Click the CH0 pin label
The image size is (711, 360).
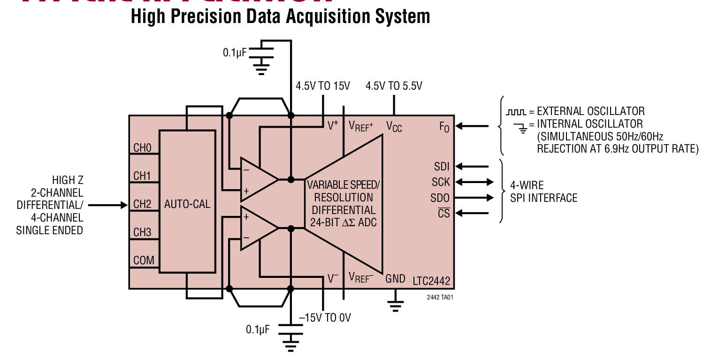[142, 148]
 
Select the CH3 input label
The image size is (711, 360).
[142, 232]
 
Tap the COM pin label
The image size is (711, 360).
[144, 260]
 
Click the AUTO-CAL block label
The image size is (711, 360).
[187, 205]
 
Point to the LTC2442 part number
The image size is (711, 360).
[431, 281]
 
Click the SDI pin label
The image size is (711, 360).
[442, 166]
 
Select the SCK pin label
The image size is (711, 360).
[441, 182]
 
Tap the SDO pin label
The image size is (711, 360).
[440, 198]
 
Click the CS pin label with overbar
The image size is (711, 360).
[443, 214]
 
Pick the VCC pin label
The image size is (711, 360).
[394, 126]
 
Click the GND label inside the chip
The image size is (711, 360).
[395, 279]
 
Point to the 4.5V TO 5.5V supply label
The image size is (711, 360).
[394, 86]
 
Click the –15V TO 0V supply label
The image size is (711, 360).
[325, 318]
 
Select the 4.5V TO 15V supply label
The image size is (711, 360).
[322, 86]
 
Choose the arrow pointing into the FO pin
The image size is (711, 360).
[472, 126]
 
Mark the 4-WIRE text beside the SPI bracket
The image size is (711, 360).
[527, 185]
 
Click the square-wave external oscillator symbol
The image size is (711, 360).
[516, 112]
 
